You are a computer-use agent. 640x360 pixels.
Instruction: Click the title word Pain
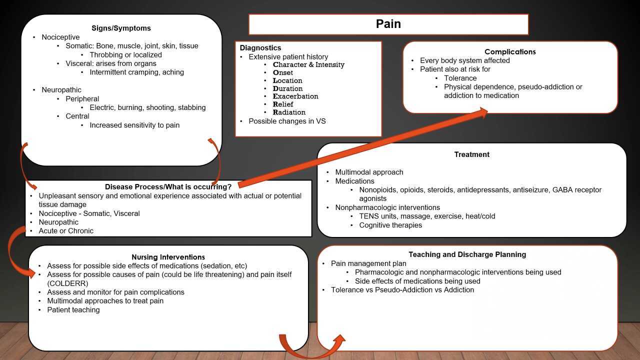click(388, 24)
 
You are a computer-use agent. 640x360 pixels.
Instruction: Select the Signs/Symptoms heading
click(121, 28)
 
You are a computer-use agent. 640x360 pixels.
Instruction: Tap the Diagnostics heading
click(260, 48)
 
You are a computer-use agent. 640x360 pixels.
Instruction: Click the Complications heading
click(510, 51)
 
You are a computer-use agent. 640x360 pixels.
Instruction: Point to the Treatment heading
click(471, 154)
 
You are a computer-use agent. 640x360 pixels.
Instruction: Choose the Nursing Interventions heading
click(168, 257)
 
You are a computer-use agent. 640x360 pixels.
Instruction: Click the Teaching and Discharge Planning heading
click(467, 254)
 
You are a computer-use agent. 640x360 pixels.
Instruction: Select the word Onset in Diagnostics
click(283, 72)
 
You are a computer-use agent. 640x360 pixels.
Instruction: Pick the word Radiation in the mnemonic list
click(289, 112)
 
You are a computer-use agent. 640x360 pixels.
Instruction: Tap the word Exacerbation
click(295, 96)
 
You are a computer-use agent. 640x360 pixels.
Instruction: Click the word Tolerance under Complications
click(460, 78)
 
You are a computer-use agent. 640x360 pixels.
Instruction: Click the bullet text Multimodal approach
click(369, 172)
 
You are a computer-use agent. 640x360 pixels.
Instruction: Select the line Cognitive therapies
click(390, 225)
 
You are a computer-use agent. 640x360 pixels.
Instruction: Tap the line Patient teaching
click(73, 309)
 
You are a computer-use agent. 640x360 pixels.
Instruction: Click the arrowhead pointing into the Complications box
click(484, 112)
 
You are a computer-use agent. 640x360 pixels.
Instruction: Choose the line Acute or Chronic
click(66, 230)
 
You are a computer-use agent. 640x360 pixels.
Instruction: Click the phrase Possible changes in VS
click(287, 121)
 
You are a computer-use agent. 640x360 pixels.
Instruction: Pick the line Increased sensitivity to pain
click(134, 125)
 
